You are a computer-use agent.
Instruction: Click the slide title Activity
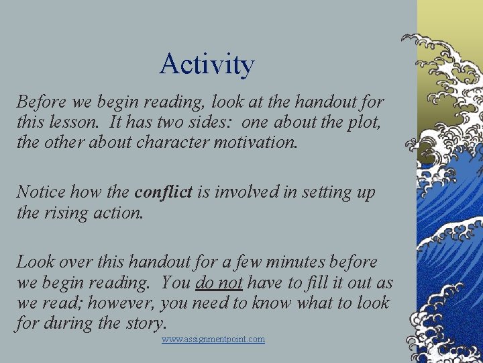207,65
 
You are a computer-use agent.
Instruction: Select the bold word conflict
163,192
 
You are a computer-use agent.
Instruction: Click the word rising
70,213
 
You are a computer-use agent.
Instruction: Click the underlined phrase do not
219,283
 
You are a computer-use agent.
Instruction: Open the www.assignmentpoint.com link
213,339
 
